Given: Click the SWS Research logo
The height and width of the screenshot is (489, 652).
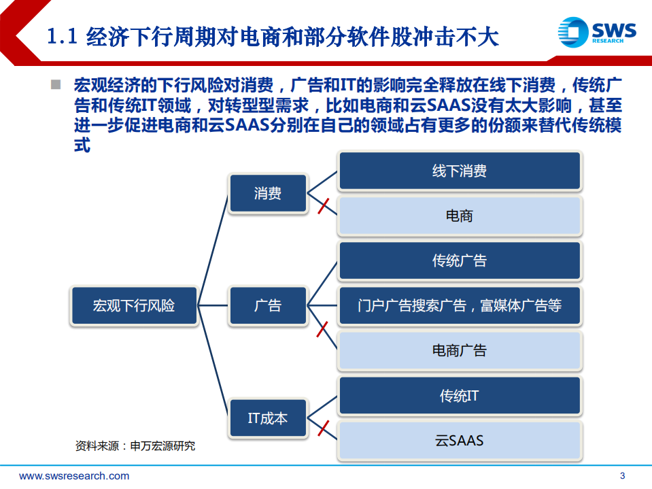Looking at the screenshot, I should (597, 31).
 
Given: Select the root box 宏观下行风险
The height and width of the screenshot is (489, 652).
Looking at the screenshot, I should (134, 305).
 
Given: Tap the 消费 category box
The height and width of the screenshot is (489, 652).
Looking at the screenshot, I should (268, 193).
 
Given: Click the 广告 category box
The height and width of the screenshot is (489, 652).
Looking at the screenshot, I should (268, 305).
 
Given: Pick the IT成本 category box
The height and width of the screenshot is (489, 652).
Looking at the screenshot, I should (268, 418).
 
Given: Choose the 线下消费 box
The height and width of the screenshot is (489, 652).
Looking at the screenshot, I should (460, 171).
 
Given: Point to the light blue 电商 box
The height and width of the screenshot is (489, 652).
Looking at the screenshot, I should (460, 216).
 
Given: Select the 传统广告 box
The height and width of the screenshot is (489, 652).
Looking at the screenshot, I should (460, 260).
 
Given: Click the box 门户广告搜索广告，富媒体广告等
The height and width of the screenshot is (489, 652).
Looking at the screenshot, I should (460, 305).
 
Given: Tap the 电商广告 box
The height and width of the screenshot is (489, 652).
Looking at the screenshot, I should (460, 350).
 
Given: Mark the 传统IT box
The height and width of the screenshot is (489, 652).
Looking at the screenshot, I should (460, 395).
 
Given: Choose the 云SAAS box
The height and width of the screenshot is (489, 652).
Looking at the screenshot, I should (460, 440).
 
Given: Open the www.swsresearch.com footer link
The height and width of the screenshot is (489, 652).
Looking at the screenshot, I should (74, 476).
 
